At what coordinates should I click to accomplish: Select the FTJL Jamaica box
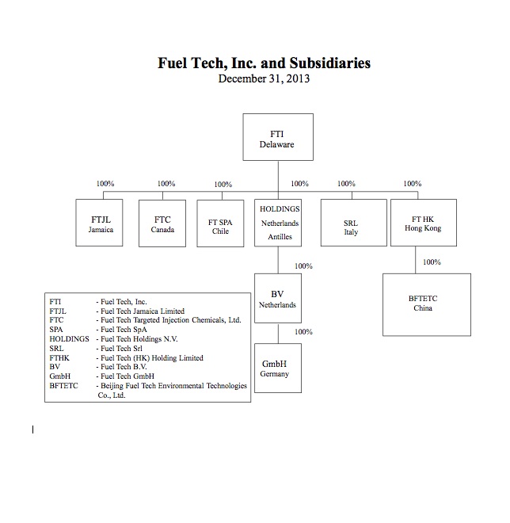[x=101, y=223]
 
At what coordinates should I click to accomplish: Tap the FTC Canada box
[x=162, y=223]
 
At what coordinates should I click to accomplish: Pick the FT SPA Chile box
[x=219, y=223]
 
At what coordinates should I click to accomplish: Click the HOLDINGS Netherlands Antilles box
[x=279, y=223]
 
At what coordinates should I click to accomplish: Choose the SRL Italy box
[x=351, y=223]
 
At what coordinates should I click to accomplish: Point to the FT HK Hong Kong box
[x=423, y=223]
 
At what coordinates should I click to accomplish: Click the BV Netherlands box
[x=277, y=298]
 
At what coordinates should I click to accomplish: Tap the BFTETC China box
[x=423, y=304]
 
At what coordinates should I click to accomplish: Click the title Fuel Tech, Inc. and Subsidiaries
[x=265, y=63]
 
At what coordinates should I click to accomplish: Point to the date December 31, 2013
[x=265, y=79]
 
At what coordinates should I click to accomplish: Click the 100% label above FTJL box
[x=105, y=184]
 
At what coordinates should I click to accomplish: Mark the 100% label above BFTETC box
[x=432, y=262]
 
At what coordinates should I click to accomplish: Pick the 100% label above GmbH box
[x=303, y=332]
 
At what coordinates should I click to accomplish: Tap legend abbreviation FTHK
[x=61, y=358]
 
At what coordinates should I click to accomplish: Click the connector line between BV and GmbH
[x=277, y=332]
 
